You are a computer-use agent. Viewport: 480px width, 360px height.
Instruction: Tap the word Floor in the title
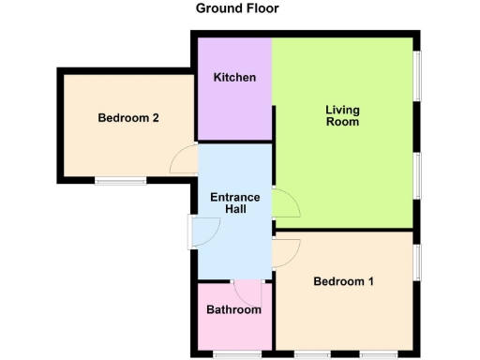pos(262,8)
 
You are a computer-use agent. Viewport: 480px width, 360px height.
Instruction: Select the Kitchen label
pos(234,77)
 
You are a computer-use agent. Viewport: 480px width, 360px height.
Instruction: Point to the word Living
pos(342,110)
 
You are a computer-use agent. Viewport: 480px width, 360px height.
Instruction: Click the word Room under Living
pos(342,122)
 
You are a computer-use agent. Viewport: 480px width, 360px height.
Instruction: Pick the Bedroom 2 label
pos(128,118)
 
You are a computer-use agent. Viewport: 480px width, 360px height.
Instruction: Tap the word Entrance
pos(234,197)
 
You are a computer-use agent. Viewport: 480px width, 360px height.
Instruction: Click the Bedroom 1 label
pos(344,281)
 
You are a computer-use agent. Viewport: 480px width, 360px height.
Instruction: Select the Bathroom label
pos(234,309)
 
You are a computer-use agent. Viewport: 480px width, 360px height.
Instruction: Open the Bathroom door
pos(247,291)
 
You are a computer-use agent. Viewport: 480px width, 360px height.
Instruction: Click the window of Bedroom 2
pos(120,181)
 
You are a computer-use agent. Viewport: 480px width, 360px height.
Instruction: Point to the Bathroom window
pos(237,354)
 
